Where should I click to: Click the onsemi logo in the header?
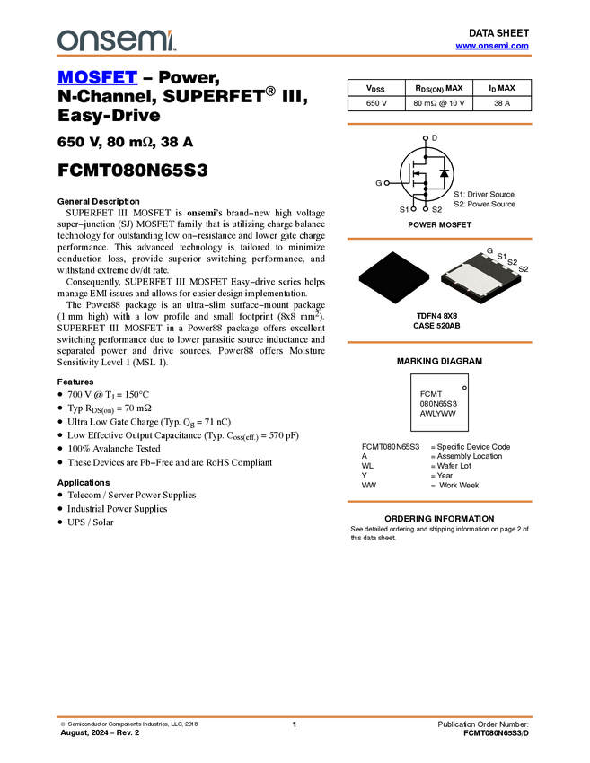click(116, 40)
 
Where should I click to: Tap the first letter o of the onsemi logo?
click(66, 40)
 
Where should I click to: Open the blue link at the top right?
click(492, 46)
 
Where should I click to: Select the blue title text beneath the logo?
click(97, 78)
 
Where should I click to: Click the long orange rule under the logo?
click(295, 56)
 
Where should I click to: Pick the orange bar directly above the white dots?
click(439, 124)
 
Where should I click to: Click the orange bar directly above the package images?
click(439, 239)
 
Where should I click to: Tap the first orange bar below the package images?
click(439, 342)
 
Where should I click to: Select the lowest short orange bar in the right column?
click(439, 502)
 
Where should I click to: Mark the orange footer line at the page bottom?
click(295, 716)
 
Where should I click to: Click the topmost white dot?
click(425, 138)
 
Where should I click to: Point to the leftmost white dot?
click(386, 183)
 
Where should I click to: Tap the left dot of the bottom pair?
click(413, 209)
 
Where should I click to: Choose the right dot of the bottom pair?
click(425, 208)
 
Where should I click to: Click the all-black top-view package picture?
click(393, 278)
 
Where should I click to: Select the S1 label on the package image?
click(501, 257)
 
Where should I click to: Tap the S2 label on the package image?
click(512, 263)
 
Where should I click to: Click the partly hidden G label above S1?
click(490, 250)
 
